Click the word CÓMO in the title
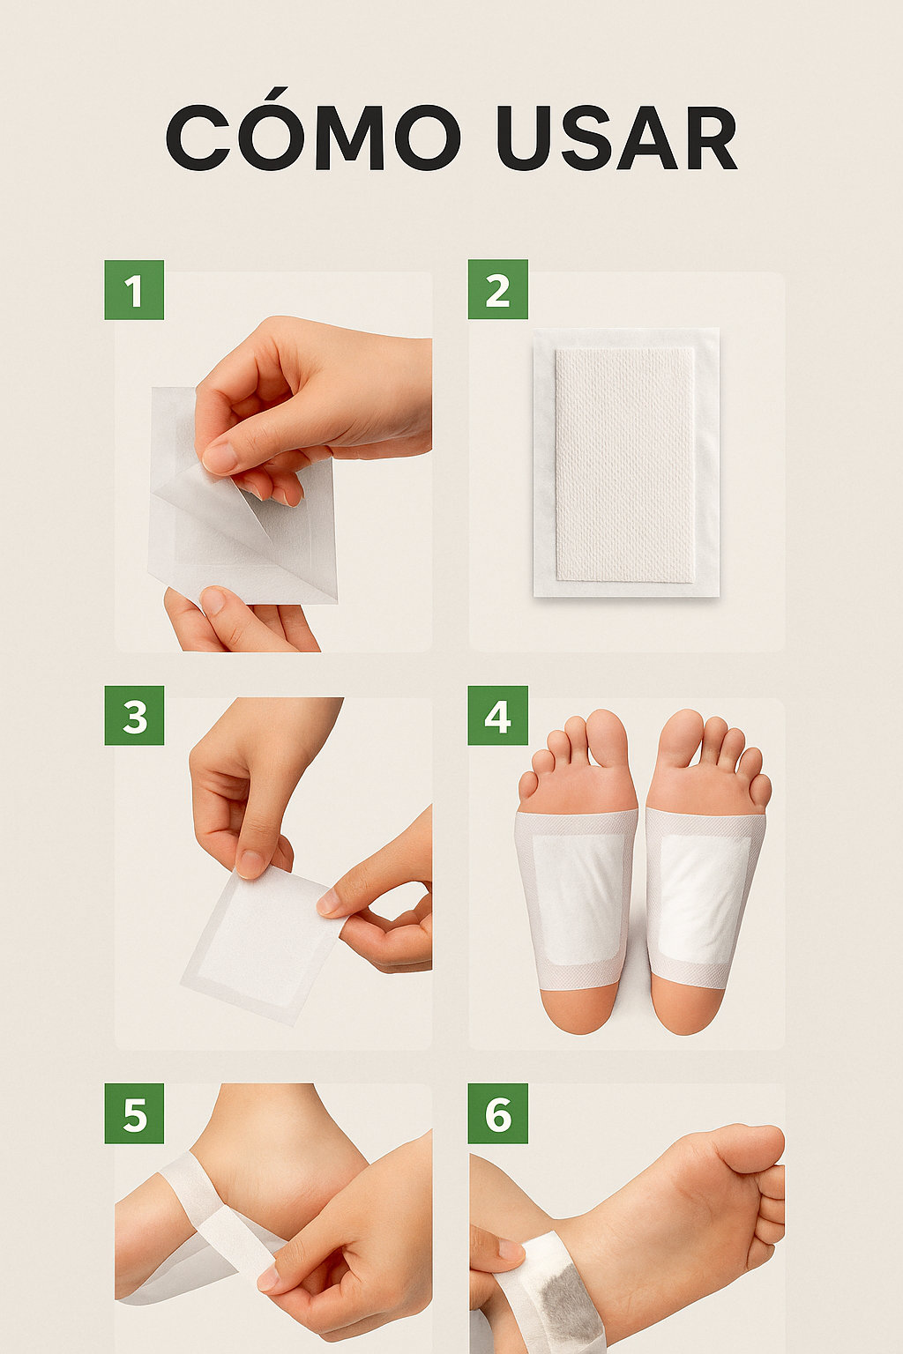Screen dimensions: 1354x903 (x=313, y=138)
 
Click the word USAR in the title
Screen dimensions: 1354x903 (x=616, y=138)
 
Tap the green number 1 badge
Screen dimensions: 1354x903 (x=134, y=290)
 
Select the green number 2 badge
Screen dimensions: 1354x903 (x=497, y=290)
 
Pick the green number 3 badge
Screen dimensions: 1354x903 (x=134, y=716)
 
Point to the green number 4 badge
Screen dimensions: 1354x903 (x=497, y=716)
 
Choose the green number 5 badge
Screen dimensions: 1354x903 (x=134, y=1113)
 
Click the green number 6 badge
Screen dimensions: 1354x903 (x=497, y=1113)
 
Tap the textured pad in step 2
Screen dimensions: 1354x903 (x=624, y=463)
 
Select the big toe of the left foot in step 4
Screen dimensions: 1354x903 (x=607, y=736)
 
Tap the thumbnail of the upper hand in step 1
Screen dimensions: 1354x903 (x=218, y=457)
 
